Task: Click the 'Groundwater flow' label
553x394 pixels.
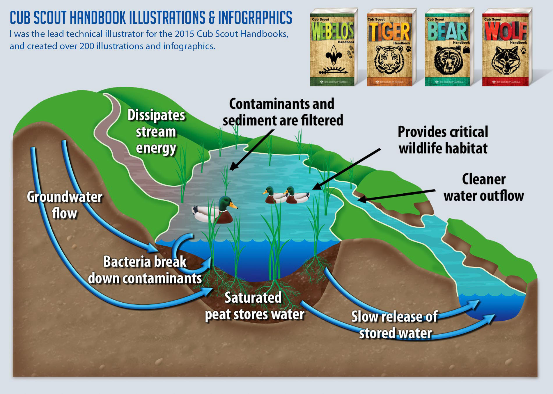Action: coord(65,205)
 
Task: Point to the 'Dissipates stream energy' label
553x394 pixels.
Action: coord(156,132)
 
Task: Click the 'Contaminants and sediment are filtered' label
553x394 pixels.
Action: coord(282,112)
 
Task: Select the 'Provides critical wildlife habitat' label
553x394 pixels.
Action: coord(443,140)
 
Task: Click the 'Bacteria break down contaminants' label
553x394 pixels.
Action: coord(145,270)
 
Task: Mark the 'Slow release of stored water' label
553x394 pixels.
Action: coord(395,324)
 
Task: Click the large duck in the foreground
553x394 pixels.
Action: coord(214,211)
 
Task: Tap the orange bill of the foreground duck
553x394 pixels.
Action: coord(233,206)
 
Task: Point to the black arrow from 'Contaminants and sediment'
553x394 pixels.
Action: coord(251,150)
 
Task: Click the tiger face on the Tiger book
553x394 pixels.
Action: coord(389,60)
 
